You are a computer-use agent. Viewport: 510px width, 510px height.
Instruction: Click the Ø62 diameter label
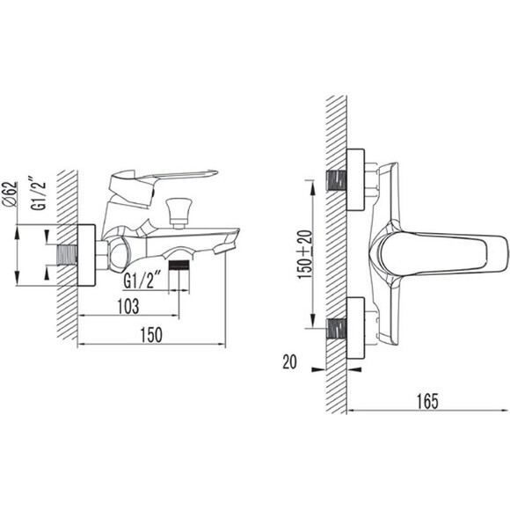click(x=10, y=194)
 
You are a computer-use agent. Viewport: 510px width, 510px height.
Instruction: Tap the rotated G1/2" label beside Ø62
click(x=39, y=195)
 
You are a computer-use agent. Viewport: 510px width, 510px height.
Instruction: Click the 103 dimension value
click(x=128, y=306)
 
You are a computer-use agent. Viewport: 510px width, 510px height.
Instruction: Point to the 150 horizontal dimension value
click(x=151, y=335)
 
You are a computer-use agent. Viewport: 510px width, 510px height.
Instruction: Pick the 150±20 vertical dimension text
click(x=305, y=254)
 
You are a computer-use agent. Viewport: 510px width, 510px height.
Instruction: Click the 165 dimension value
click(x=427, y=401)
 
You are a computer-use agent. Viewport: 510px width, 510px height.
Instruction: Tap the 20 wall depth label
click(x=289, y=361)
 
